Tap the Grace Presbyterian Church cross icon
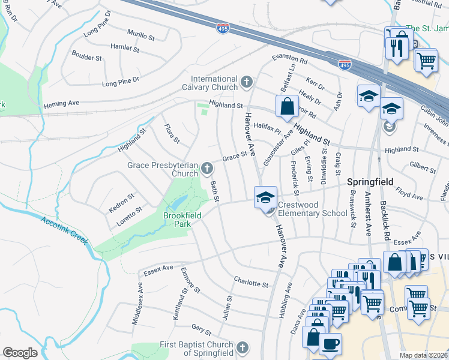coord(207,167)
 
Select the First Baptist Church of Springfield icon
coord(242,347)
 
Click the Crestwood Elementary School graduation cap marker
coord(265,197)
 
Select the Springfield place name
coord(370,181)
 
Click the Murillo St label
coord(141,34)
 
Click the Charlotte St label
coord(251,282)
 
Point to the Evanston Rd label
coord(289,59)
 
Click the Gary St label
coord(201,329)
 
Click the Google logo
coord(20,353)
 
